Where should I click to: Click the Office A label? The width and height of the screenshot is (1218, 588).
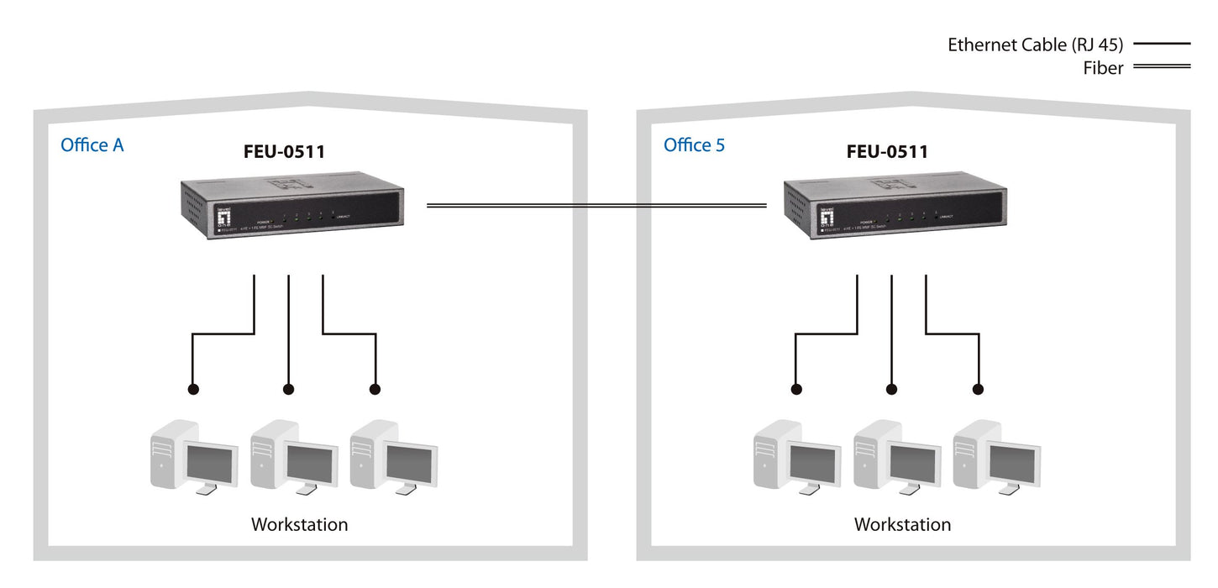[92, 145]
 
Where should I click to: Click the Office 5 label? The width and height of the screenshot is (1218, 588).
[694, 145]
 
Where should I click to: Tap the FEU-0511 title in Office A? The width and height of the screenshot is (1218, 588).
[284, 152]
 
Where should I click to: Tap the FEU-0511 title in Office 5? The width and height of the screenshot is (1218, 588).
[887, 152]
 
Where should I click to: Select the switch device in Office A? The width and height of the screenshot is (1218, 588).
[291, 208]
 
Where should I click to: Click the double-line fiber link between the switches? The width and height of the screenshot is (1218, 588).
[596, 205]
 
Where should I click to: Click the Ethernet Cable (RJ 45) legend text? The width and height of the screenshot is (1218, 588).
[1035, 45]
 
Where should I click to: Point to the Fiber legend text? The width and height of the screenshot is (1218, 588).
[1103, 69]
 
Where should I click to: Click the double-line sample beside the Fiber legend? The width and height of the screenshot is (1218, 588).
[1162, 66]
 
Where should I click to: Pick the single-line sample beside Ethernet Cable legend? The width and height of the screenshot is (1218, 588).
[1162, 43]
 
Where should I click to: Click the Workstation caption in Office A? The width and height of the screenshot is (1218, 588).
[299, 525]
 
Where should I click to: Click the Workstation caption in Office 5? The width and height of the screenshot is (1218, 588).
[902, 525]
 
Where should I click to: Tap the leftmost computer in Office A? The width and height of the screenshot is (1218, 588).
[193, 456]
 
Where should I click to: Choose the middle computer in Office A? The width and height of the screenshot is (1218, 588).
[293, 456]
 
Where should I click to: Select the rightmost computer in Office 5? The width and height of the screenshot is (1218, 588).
[996, 456]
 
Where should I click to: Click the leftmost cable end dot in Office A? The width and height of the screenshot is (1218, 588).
[193, 390]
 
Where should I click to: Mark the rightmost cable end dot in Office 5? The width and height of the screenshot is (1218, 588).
[978, 390]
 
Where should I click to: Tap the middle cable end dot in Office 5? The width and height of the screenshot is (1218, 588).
[891, 390]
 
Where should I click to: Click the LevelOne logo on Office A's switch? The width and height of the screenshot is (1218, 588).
[223, 217]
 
